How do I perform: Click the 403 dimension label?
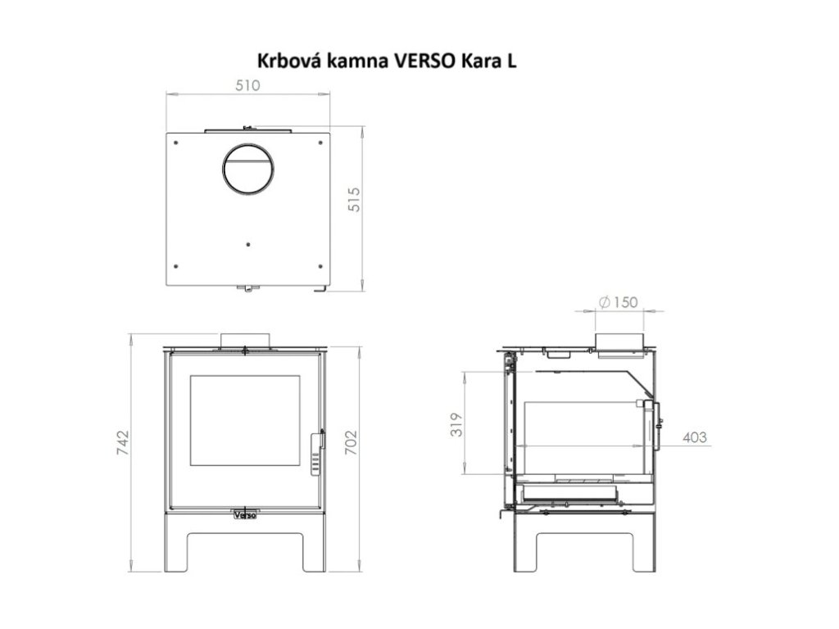tap(694, 437)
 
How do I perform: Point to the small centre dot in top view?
tap(249, 243)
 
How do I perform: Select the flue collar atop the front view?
tap(245, 339)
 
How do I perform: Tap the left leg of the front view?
tap(178, 549)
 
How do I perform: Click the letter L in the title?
tap(511, 61)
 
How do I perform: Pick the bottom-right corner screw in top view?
tap(319, 264)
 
